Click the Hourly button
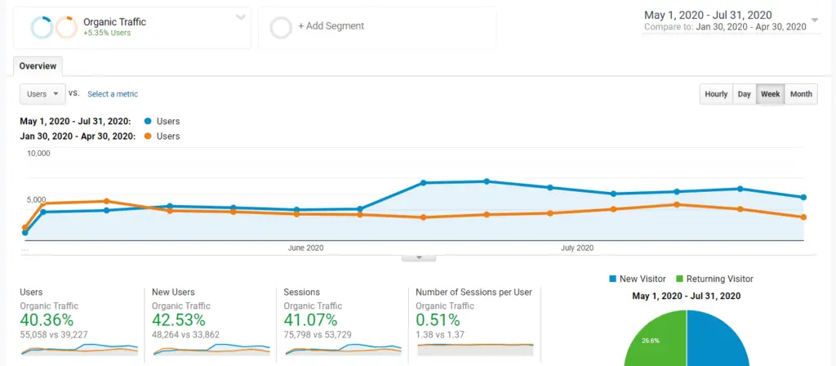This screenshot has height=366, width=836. click(716, 94)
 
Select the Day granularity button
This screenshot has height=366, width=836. click(744, 94)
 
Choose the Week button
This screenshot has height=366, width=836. click(770, 94)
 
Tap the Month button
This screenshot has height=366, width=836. click(801, 94)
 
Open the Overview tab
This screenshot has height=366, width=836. click(38, 66)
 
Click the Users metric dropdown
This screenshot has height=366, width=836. click(42, 94)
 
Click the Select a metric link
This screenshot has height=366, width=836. click(113, 94)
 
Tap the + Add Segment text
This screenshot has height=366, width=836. click(331, 26)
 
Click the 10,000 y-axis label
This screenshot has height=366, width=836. click(38, 154)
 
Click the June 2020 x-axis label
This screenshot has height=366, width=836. click(306, 247)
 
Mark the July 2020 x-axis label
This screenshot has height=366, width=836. click(576, 247)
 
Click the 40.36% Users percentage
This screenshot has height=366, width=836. click(47, 319)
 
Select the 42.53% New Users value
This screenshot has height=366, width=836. click(179, 319)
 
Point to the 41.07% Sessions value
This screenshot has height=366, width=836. click(310, 319)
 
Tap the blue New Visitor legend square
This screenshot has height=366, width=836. click(613, 279)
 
